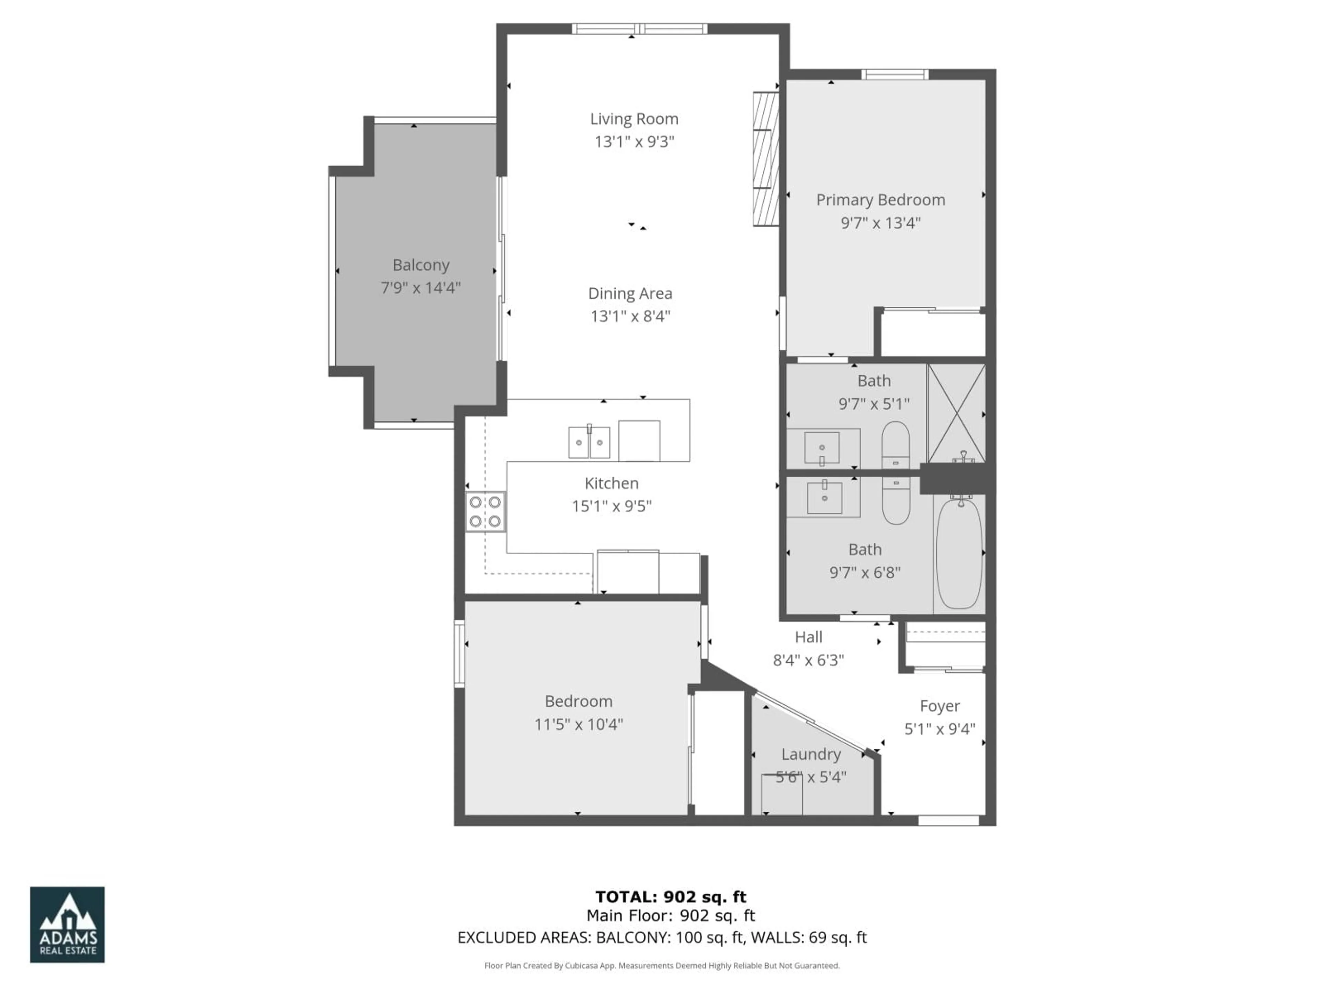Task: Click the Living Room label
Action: point(634,119)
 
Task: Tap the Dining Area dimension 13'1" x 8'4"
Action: point(630,316)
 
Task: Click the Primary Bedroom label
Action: point(881,200)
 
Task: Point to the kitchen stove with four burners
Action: point(485,512)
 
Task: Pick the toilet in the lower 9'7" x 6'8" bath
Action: point(896,502)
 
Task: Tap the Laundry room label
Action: point(811,754)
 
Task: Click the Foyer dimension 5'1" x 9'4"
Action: point(940,729)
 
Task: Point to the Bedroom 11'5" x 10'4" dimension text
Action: point(578,724)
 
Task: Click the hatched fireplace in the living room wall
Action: point(765,159)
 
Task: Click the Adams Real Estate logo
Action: point(67,925)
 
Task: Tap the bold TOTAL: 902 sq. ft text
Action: point(670,897)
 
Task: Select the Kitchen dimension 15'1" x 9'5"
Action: point(611,506)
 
